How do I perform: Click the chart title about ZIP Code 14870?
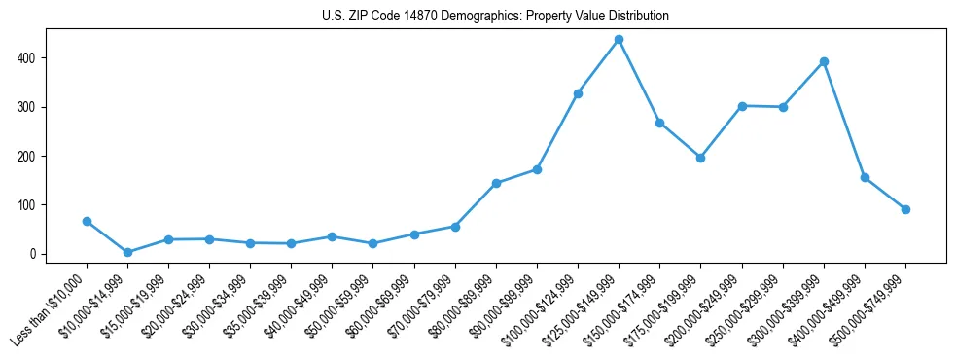pos(495,17)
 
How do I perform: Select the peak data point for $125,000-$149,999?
pos(619,40)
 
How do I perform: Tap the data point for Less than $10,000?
pos(87,222)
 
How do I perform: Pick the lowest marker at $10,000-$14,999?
pos(127,252)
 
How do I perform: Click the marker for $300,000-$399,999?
pos(824,61)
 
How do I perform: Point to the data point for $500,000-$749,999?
pos(905,209)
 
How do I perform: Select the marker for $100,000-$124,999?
pos(578,93)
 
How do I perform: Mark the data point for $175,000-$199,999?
pos(700,158)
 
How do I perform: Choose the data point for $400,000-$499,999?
pos(865,178)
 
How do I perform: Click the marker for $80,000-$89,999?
pos(496,183)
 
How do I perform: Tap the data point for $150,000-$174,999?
pos(659,123)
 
